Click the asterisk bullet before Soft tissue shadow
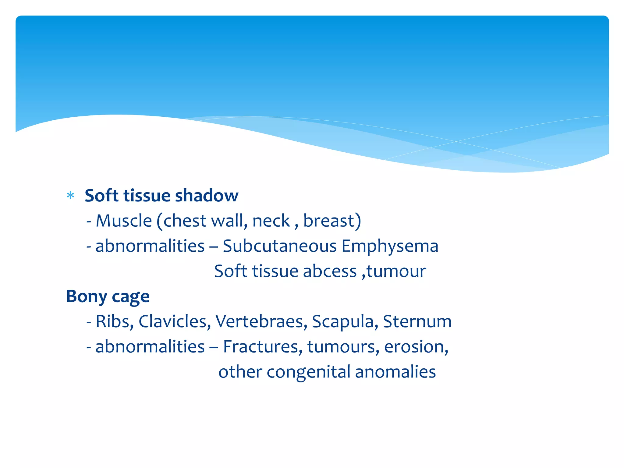[70, 195]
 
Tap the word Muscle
[124, 221]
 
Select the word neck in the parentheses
[271, 221]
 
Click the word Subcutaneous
[279, 246]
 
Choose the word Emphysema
[390, 246]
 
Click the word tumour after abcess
[396, 271]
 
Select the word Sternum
[417, 321]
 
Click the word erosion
[416, 347]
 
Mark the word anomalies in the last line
[395, 372]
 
